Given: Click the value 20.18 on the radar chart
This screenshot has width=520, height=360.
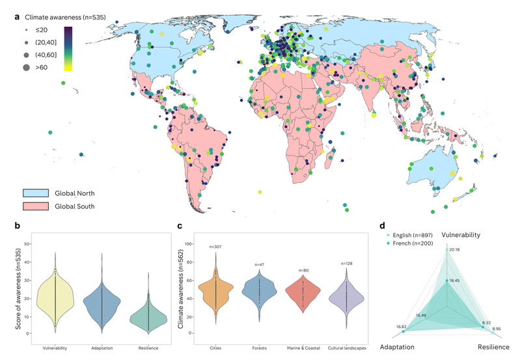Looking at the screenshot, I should [x=455, y=249].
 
